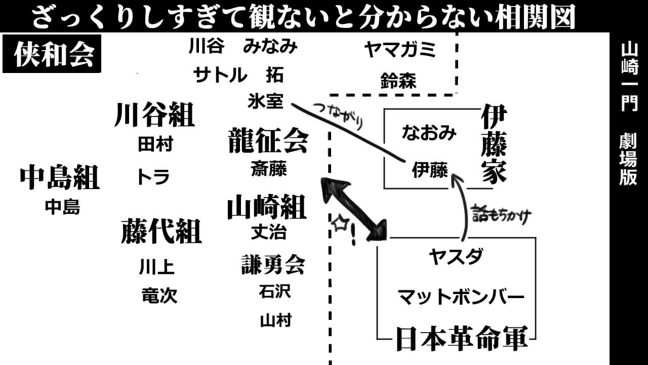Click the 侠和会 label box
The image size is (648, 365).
(53, 54)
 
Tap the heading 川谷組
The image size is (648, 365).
(154, 115)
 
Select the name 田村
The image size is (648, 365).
(155, 144)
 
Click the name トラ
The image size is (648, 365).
(153, 177)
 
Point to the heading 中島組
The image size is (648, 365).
(60, 177)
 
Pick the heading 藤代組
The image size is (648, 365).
(161, 231)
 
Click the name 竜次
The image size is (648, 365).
(159, 296)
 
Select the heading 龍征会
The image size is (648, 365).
(268, 140)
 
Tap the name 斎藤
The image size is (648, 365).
(269, 169)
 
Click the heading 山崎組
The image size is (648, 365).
(266, 207)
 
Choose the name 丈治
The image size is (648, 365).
(269, 232)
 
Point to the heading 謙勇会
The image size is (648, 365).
(273, 264)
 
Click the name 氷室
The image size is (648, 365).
(265, 101)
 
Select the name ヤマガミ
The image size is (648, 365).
(400, 50)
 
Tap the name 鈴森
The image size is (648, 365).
(398, 81)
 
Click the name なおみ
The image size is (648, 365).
(429, 132)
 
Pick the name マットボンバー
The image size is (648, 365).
(461, 297)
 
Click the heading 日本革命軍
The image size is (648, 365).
(461, 338)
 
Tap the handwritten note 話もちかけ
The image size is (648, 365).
(501, 215)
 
